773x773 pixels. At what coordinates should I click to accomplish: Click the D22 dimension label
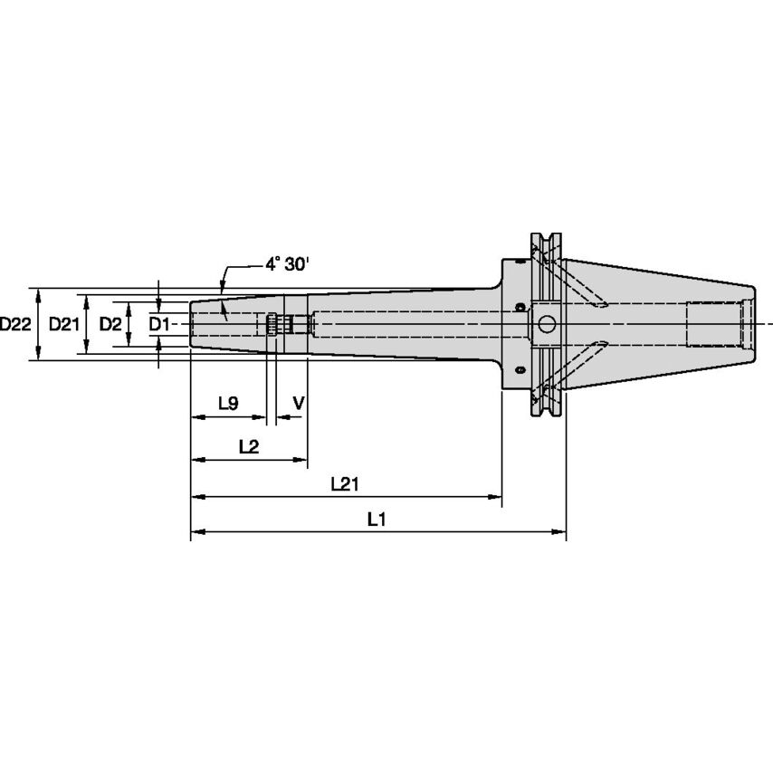(15, 324)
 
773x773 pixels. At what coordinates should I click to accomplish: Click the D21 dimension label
(64, 324)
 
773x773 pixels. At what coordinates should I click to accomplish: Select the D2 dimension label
(110, 324)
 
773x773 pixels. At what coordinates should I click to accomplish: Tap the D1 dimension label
(158, 324)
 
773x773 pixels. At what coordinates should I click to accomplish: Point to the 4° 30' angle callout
(285, 265)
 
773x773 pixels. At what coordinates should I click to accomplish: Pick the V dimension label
(299, 403)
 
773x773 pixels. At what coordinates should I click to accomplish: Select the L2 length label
(248, 445)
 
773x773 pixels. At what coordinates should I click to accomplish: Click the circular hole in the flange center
(545, 323)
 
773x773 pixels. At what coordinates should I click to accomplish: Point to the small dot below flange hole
(520, 369)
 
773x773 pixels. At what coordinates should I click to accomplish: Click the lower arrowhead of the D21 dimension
(86, 350)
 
